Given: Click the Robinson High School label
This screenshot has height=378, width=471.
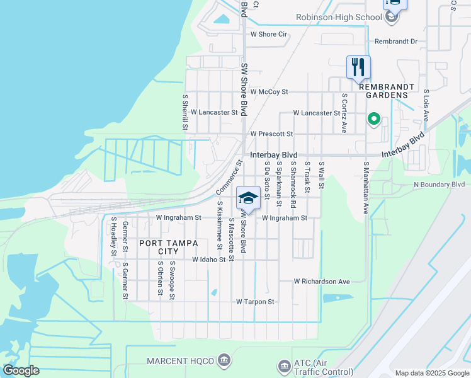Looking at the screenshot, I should pos(339,18).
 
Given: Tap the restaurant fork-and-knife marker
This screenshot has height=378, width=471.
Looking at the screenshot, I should pos(358,67).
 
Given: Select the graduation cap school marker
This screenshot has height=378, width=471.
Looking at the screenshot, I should pos(248,198).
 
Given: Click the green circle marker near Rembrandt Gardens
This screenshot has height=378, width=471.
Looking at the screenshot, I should pos(373,118).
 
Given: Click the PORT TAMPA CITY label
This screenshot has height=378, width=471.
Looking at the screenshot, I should pos(160,247).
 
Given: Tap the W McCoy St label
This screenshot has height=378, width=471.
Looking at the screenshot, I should pos(269,92).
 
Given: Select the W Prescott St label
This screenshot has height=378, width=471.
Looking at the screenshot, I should pos(271,134).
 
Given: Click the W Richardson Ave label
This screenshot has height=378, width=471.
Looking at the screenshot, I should pos(322,282).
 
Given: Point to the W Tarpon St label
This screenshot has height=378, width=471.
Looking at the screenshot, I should pos(255,302).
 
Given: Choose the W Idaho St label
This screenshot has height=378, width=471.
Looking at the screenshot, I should pos(208,260).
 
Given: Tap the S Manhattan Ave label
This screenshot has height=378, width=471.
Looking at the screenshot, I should pos(365,188).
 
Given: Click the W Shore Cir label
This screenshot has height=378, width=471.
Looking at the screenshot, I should pos(269,34).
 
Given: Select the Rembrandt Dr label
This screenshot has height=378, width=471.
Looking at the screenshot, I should pos(396,42).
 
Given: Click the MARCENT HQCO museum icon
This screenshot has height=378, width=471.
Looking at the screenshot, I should pos(224,360).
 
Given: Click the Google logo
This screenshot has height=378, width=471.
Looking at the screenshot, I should pos(21,370).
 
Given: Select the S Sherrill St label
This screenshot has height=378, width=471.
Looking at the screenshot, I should pos(186,113).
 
